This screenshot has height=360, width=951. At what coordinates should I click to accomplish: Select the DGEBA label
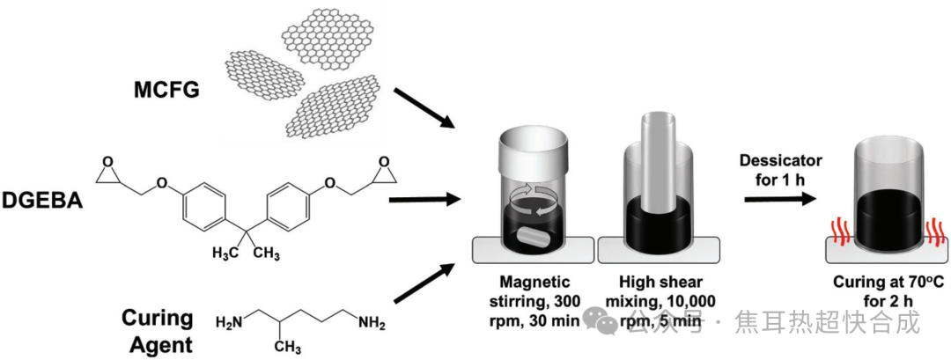pos(42,202)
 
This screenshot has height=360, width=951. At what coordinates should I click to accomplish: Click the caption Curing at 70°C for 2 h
pos(881,292)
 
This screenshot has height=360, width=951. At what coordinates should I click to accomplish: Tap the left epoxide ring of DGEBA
pos(107,171)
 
